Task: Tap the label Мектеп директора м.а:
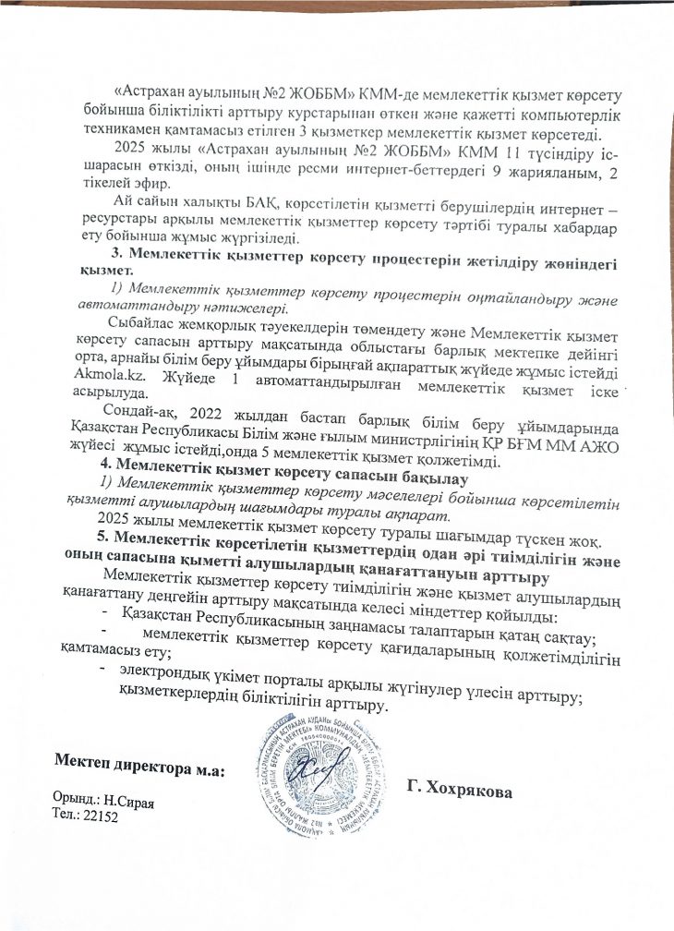coord(140,766)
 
